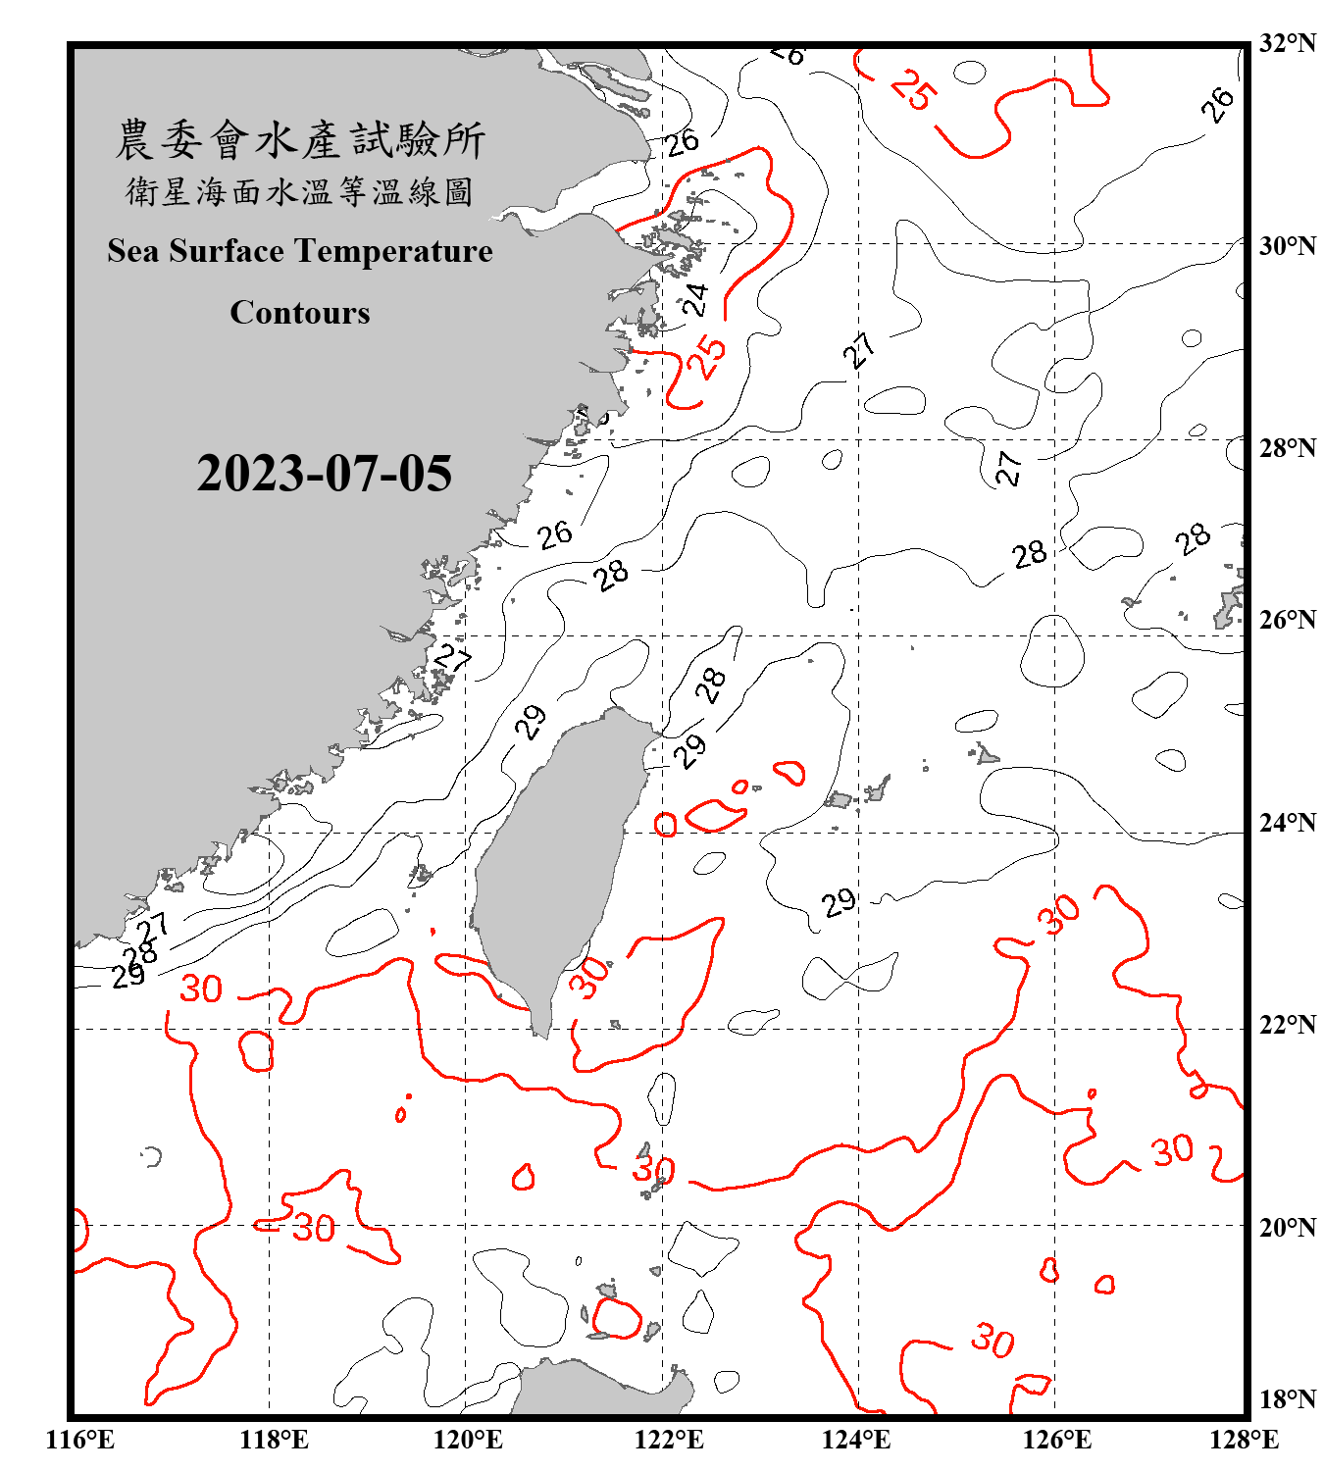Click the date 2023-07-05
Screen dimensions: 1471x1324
click(324, 474)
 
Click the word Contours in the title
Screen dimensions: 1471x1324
click(300, 313)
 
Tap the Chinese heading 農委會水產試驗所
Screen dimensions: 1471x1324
click(300, 139)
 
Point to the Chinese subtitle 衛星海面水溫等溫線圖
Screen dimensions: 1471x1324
click(300, 191)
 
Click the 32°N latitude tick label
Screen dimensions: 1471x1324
click(1287, 43)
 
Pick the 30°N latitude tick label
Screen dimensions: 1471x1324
click(1287, 246)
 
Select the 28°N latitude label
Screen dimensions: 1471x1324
click(1287, 448)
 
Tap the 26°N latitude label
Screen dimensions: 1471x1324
click(1287, 620)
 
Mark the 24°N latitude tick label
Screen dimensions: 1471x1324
click(1287, 823)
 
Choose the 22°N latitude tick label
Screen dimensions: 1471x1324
click(1287, 1025)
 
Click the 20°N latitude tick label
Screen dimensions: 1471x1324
click(1287, 1227)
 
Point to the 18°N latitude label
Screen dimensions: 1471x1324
click(1287, 1399)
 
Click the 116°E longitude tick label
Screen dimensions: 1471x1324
click(80, 1440)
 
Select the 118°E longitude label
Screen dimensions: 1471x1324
click(274, 1440)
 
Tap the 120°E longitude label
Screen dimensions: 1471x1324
click(468, 1440)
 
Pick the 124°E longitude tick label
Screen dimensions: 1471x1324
click(856, 1440)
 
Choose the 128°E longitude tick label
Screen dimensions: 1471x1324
click(1244, 1440)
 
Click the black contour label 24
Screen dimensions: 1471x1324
click(694, 299)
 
